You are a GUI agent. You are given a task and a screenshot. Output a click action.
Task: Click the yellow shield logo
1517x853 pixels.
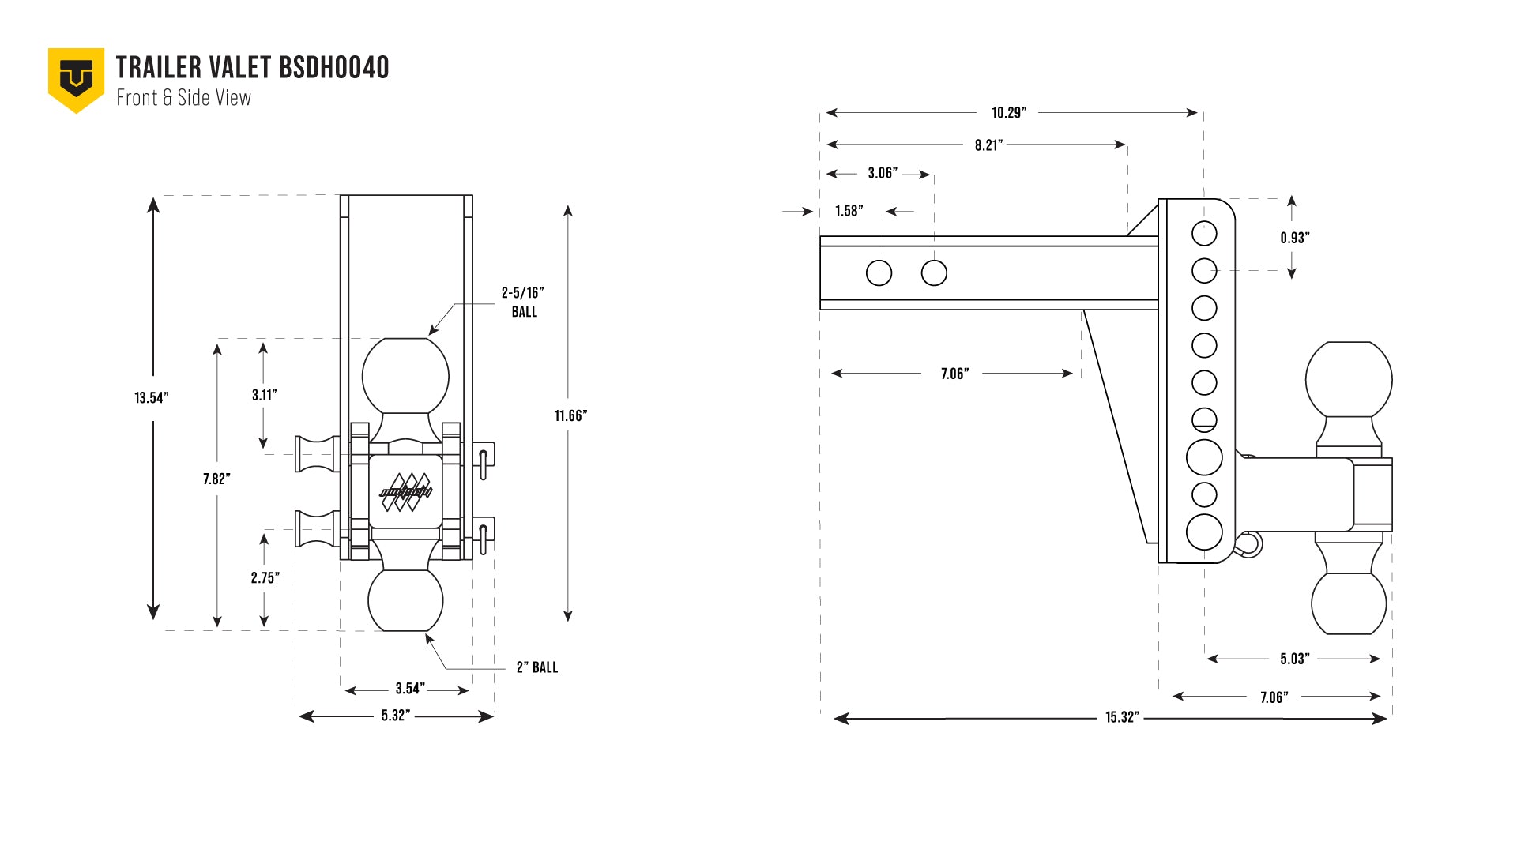(x=76, y=79)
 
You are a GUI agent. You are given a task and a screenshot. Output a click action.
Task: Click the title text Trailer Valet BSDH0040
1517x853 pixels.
(x=252, y=68)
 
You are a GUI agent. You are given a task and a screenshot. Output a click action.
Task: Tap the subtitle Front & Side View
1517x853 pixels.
(x=183, y=98)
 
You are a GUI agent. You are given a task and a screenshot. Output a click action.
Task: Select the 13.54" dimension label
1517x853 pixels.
(x=151, y=398)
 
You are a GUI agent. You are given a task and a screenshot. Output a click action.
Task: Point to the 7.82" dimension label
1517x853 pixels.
(x=216, y=479)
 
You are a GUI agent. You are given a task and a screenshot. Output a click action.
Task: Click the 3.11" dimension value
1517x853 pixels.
(x=264, y=395)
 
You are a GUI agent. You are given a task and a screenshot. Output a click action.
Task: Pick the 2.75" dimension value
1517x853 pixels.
(x=265, y=578)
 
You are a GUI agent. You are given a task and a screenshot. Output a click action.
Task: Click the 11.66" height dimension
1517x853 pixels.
(x=570, y=416)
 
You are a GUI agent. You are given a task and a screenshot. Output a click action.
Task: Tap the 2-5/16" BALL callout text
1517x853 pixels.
(x=523, y=302)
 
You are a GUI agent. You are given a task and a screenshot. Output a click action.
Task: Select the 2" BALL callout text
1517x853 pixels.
(x=537, y=667)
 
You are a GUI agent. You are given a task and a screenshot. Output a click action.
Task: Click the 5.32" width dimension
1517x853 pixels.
(x=396, y=716)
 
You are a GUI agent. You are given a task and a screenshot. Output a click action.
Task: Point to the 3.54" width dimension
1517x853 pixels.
(x=410, y=689)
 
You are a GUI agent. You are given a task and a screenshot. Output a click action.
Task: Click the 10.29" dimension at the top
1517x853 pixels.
(x=1009, y=113)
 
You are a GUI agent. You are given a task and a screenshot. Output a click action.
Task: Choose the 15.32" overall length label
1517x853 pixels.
(x=1122, y=717)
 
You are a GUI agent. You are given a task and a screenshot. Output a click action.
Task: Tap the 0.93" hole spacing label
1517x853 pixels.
(x=1295, y=238)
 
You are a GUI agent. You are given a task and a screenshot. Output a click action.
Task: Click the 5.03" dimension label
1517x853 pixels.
(x=1295, y=659)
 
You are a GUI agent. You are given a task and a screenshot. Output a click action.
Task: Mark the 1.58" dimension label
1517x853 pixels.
(x=849, y=211)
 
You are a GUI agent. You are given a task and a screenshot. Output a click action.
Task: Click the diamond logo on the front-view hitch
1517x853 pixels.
(x=406, y=491)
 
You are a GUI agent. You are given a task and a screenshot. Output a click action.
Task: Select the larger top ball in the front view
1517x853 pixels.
(x=405, y=376)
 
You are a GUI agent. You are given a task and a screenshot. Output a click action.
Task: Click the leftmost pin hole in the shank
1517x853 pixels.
(x=879, y=272)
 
